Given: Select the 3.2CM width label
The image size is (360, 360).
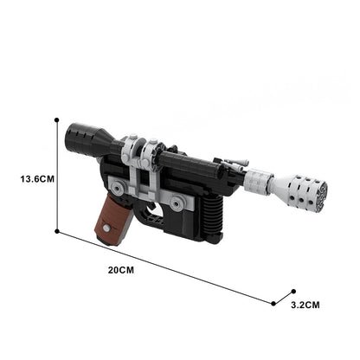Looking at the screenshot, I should [x=305, y=304].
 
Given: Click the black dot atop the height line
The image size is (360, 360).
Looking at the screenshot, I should [x=57, y=120].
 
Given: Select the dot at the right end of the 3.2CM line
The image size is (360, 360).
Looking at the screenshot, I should [x=293, y=292].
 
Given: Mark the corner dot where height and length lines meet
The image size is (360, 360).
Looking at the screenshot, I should [x=57, y=231].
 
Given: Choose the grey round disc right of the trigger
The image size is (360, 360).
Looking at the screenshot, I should [x=177, y=202].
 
